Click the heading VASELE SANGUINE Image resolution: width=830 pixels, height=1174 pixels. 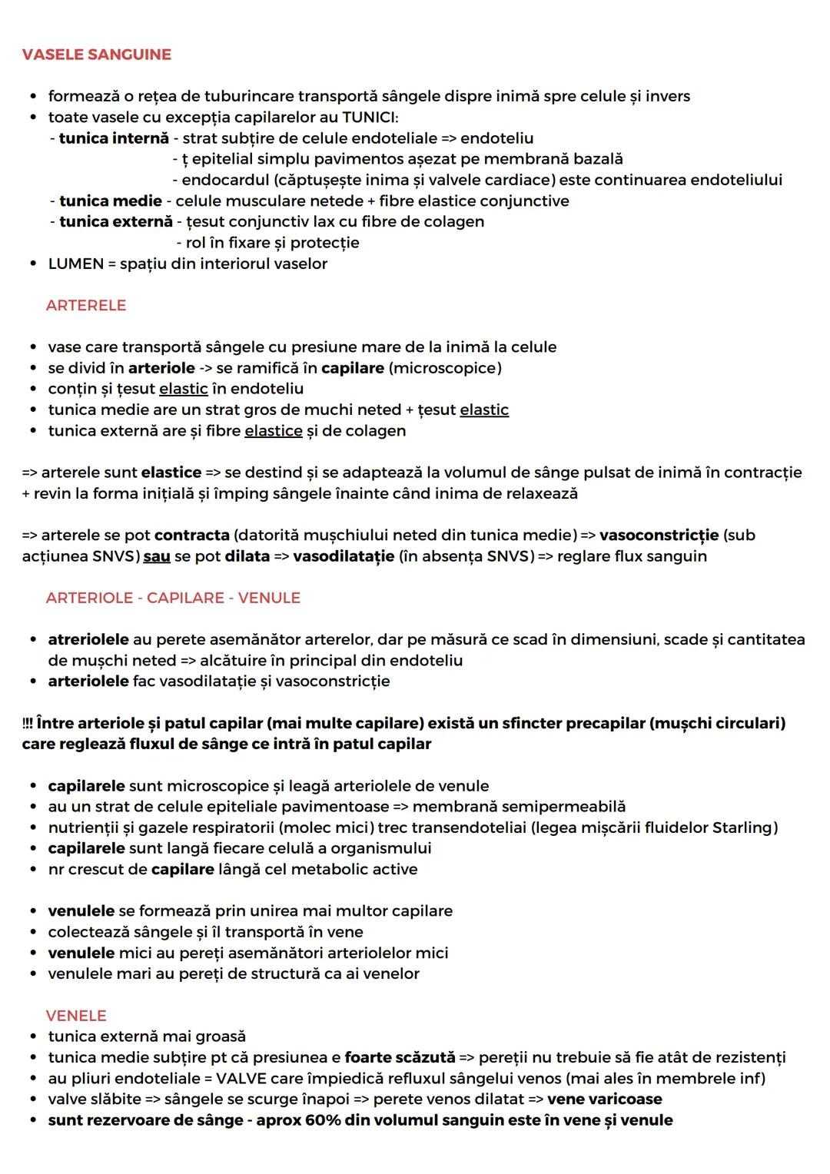tap(97, 55)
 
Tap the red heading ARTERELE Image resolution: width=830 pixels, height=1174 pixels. tap(86, 306)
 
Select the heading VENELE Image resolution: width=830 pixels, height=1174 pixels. tap(76, 1016)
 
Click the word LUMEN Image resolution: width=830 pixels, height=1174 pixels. tap(75, 264)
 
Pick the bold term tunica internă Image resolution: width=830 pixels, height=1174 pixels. tap(114, 138)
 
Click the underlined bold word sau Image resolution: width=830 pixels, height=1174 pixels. tap(157, 556)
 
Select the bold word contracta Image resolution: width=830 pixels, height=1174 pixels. tap(192, 536)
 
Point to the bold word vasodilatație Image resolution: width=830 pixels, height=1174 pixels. tap(344, 556)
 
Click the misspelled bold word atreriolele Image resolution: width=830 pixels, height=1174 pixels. tap(88, 640)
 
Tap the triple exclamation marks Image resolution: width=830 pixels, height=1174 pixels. tap(28, 724)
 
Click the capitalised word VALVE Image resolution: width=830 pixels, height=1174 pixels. tap(241, 1079)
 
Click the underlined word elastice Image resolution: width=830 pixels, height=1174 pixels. tap(274, 431)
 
